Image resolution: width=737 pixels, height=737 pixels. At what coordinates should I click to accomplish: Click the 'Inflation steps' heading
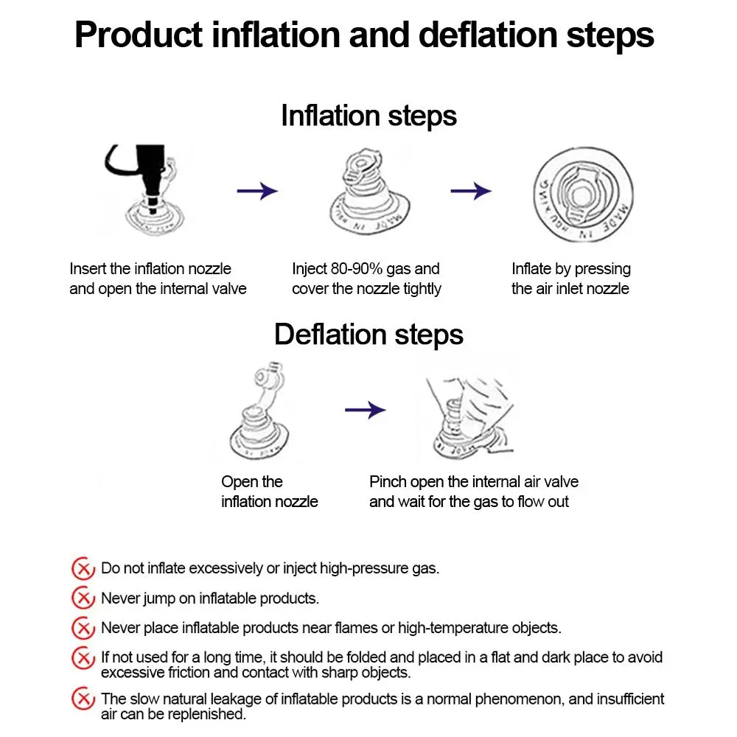(x=368, y=116)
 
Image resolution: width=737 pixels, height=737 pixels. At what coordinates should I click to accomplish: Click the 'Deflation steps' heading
(x=368, y=335)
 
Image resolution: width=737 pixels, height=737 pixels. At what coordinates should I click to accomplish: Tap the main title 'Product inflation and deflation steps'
(x=364, y=35)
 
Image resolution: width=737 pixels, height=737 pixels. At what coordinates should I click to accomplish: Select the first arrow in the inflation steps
(x=256, y=192)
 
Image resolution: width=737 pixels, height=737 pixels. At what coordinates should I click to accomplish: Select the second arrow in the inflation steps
(x=471, y=192)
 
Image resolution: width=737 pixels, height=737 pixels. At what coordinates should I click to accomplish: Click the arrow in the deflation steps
(x=366, y=410)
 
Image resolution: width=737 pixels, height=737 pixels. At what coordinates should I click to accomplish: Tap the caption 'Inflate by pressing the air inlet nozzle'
(x=570, y=279)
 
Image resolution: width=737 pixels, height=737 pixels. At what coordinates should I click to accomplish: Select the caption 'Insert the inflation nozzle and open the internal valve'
(x=158, y=279)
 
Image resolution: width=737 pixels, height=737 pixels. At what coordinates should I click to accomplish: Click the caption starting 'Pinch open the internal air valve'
(x=473, y=492)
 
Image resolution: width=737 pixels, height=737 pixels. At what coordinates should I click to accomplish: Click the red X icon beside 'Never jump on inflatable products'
(x=83, y=598)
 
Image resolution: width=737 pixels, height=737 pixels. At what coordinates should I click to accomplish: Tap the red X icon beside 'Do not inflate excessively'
(x=83, y=568)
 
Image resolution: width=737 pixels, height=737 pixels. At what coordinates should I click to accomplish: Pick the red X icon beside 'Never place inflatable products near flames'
(x=83, y=628)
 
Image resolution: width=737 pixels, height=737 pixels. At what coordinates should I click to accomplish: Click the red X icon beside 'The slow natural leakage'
(x=83, y=698)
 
